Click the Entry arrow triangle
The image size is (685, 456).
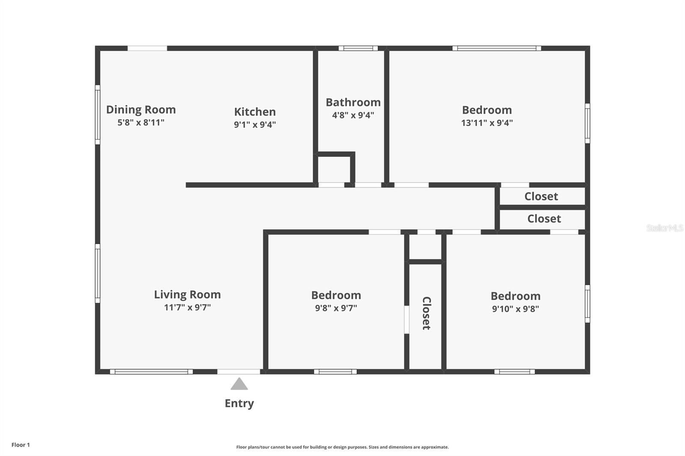tap(239, 384)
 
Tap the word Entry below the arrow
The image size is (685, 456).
tap(239, 403)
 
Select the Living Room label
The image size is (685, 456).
tap(187, 294)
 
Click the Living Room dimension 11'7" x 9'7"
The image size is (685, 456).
tap(187, 307)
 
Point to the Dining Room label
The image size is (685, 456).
tap(141, 110)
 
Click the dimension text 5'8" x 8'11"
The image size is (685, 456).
tap(141, 123)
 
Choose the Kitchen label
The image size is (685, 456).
tap(255, 112)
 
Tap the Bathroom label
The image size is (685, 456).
tap(353, 102)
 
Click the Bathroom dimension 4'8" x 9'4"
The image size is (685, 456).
tap(353, 115)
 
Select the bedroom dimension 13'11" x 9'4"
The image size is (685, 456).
tap(487, 123)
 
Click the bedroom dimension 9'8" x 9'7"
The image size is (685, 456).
tap(336, 308)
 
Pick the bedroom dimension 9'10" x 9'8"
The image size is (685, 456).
tap(515, 309)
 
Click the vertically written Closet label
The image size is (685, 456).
tap(426, 313)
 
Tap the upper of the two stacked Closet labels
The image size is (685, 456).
tap(541, 196)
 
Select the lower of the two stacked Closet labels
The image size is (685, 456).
tap(544, 219)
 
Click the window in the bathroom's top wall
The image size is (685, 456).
tap(358, 48)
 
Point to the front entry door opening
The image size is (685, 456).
tap(238, 372)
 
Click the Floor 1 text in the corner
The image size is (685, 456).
tap(21, 445)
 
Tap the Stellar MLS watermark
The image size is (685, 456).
tap(664, 228)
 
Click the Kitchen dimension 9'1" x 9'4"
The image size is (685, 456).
tap(255, 124)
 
